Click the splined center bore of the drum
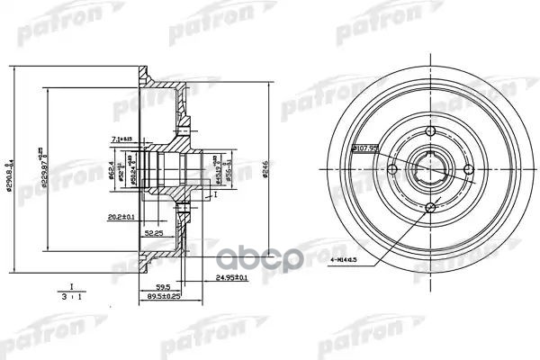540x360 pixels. point(430,170)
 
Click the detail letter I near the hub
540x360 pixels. point(215,192)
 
